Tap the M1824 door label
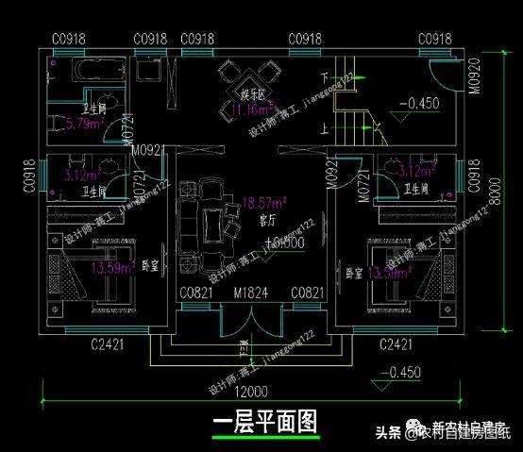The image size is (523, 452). [x=251, y=293]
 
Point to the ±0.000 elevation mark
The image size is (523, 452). [x=284, y=243]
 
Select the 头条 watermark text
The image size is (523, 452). [x=389, y=433]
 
